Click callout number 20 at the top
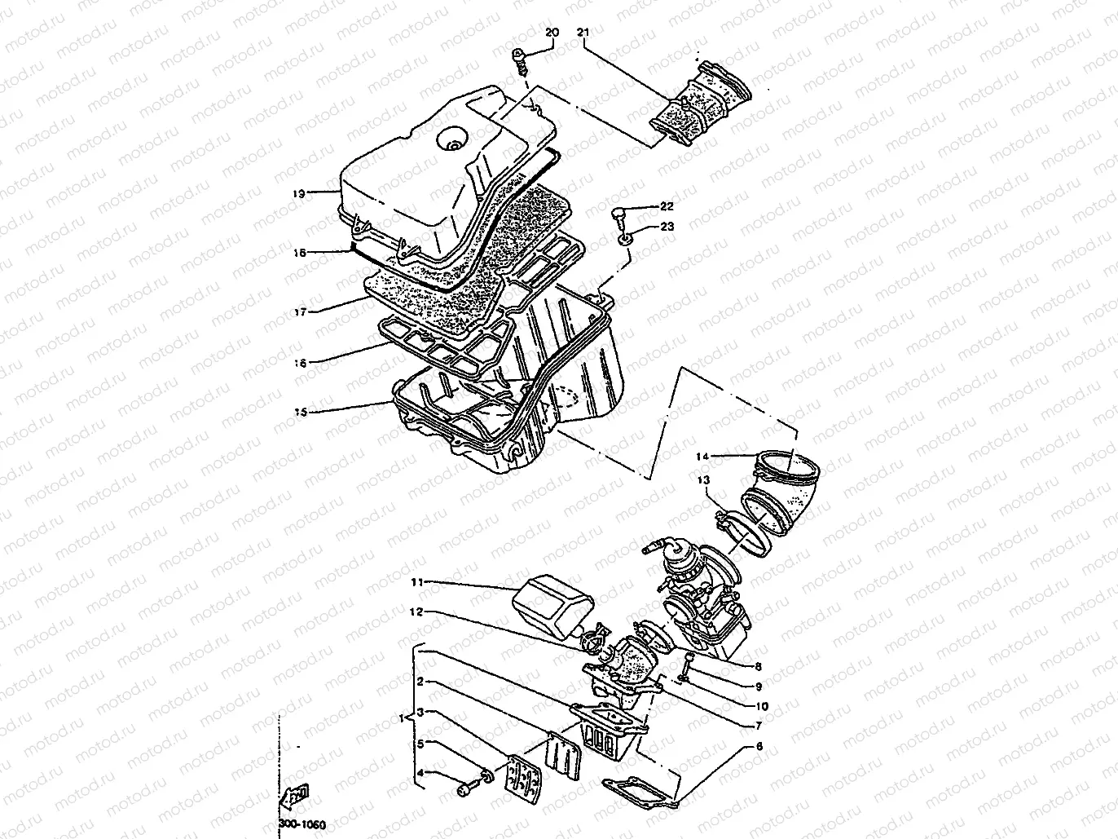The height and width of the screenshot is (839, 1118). click(x=552, y=32)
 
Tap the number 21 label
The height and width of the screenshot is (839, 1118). click(x=582, y=32)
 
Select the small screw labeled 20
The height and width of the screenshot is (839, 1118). click(x=517, y=58)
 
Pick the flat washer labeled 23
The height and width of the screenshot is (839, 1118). click(x=623, y=239)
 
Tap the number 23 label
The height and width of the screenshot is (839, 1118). click(x=667, y=227)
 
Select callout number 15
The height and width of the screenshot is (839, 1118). click(x=299, y=413)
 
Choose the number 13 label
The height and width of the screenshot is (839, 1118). click(x=703, y=480)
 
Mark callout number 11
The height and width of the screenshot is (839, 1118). click(x=416, y=582)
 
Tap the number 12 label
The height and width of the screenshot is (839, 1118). click(x=416, y=612)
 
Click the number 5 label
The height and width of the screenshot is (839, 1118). click(x=420, y=743)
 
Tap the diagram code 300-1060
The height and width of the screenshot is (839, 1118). click(x=302, y=824)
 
